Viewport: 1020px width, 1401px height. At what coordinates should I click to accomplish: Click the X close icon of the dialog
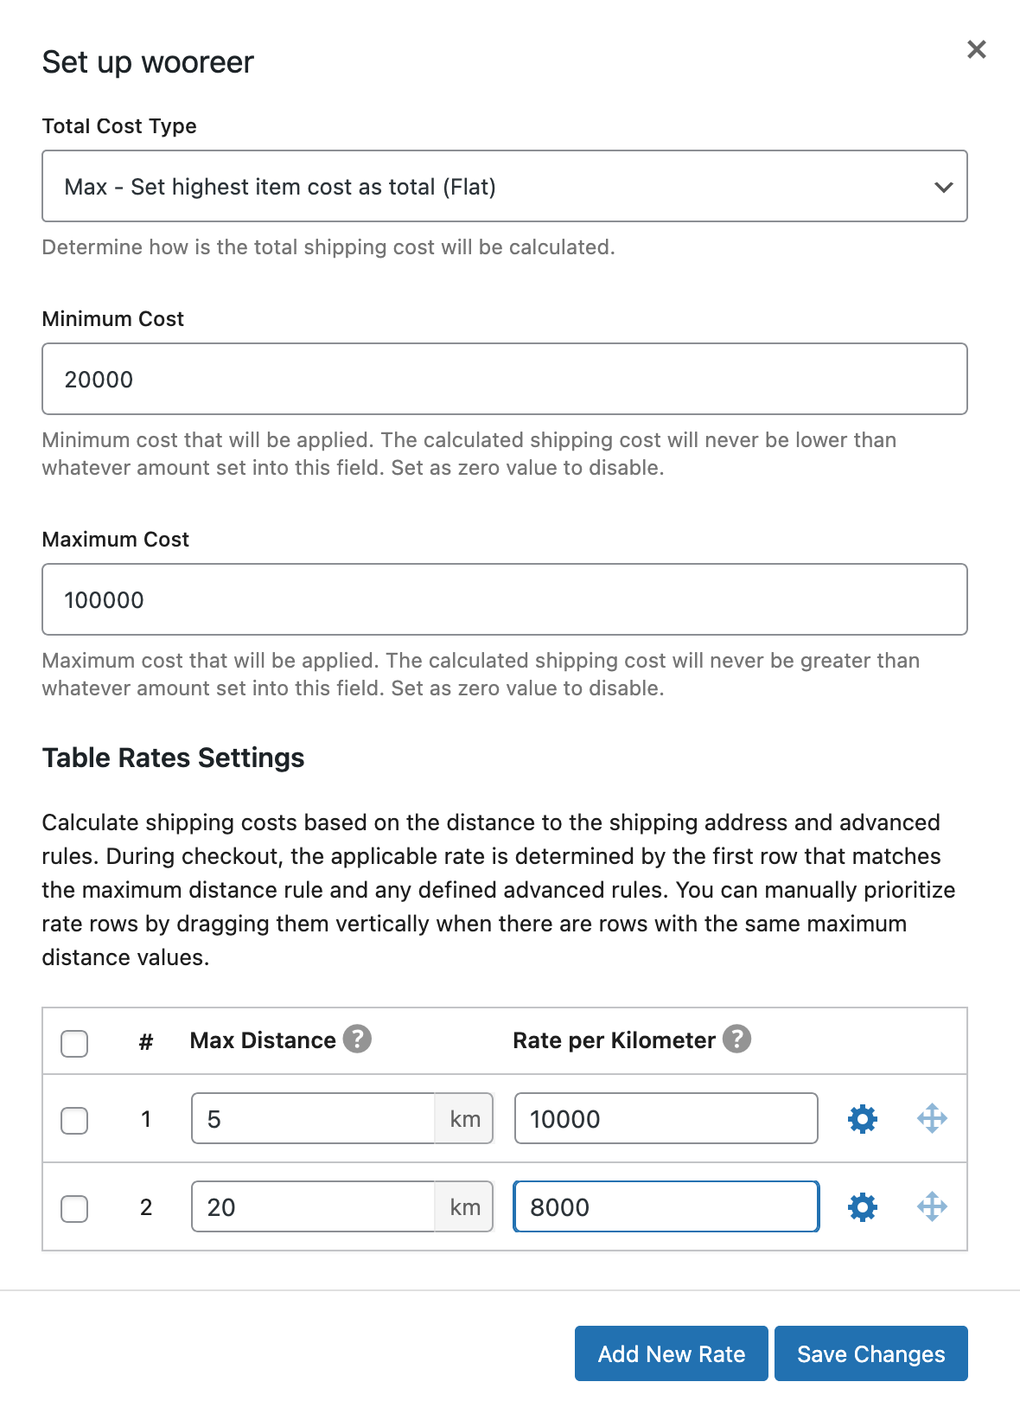[976, 49]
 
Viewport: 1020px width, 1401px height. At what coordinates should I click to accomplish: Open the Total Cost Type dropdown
[504, 187]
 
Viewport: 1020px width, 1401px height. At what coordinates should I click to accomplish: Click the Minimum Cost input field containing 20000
[504, 379]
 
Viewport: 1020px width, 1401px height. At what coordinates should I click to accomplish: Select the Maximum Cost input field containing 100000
[504, 599]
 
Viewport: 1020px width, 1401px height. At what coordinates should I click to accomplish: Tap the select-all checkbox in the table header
[74, 1043]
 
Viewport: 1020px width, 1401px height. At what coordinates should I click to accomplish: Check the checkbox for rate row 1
[74, 1121]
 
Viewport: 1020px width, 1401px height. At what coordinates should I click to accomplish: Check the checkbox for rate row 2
[74, 1208]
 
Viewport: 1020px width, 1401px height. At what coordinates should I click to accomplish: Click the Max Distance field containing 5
[313, 1119]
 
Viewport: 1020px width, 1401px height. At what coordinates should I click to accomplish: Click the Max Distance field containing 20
[313, 1207]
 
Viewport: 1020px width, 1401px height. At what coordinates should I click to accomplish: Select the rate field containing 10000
[666, 1119]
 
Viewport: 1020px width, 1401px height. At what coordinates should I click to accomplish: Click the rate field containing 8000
[666, 1207]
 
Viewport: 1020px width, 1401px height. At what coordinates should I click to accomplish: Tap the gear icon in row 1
[862, 1119]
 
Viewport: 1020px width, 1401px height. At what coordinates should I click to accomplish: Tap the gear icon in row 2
[862, 1207]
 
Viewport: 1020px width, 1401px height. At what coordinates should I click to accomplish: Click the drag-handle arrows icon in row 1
[932, 1119]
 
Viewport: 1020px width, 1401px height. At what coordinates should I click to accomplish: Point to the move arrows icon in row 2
[932, 1207]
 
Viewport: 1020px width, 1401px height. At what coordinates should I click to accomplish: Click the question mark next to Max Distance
[357, 1039]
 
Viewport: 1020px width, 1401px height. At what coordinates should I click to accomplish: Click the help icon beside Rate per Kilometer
[736, 1039]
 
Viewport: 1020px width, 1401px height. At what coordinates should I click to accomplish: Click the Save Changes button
[870, 1353]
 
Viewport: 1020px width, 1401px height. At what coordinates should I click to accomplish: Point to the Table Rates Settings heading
[173, 758]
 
